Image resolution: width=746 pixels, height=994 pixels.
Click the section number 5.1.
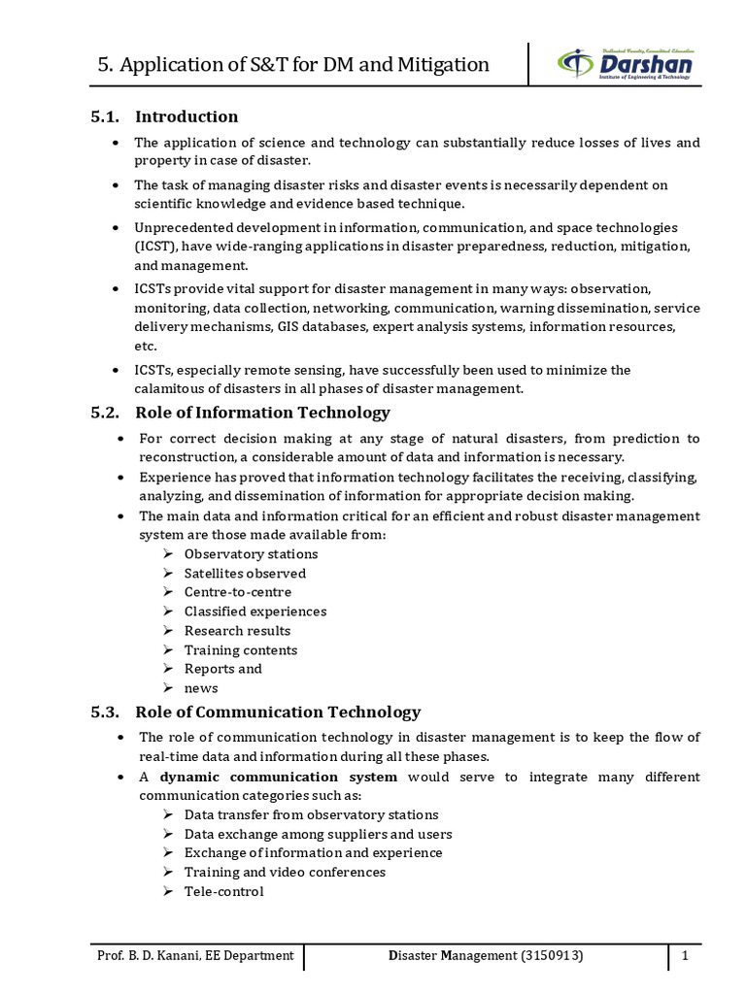(x=104, y=116)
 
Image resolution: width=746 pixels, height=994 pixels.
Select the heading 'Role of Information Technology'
(x=262, y=413)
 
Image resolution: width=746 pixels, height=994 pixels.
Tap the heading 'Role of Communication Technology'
(x=278, y=712)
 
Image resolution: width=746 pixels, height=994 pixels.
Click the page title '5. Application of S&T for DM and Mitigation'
(x=294, y=65)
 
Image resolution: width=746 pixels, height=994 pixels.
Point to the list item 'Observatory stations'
(x=251, y=554)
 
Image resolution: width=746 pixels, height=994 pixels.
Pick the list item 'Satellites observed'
(x=245, y=574)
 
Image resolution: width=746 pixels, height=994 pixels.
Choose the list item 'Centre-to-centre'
(x=237, y=592)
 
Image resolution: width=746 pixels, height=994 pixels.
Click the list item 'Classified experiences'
(x=255, y=612)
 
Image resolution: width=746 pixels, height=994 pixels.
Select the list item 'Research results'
(x=237, y=631)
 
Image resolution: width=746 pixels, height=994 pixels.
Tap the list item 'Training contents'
(x=241, y=650)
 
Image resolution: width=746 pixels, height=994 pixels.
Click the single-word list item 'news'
(x=201, y=688)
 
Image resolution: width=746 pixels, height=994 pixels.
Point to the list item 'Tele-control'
(x=223, y=891)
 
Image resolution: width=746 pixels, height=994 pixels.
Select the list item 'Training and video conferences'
(x=285, y=872)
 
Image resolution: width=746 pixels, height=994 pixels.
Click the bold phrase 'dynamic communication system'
(x=279, y=778)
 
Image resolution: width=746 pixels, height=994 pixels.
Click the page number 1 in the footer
(x=685, y=956)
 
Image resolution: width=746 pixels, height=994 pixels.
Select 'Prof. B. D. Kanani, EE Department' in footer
(x=195, y=956)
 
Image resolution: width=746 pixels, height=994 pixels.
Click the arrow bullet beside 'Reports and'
(x=168, y=669)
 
